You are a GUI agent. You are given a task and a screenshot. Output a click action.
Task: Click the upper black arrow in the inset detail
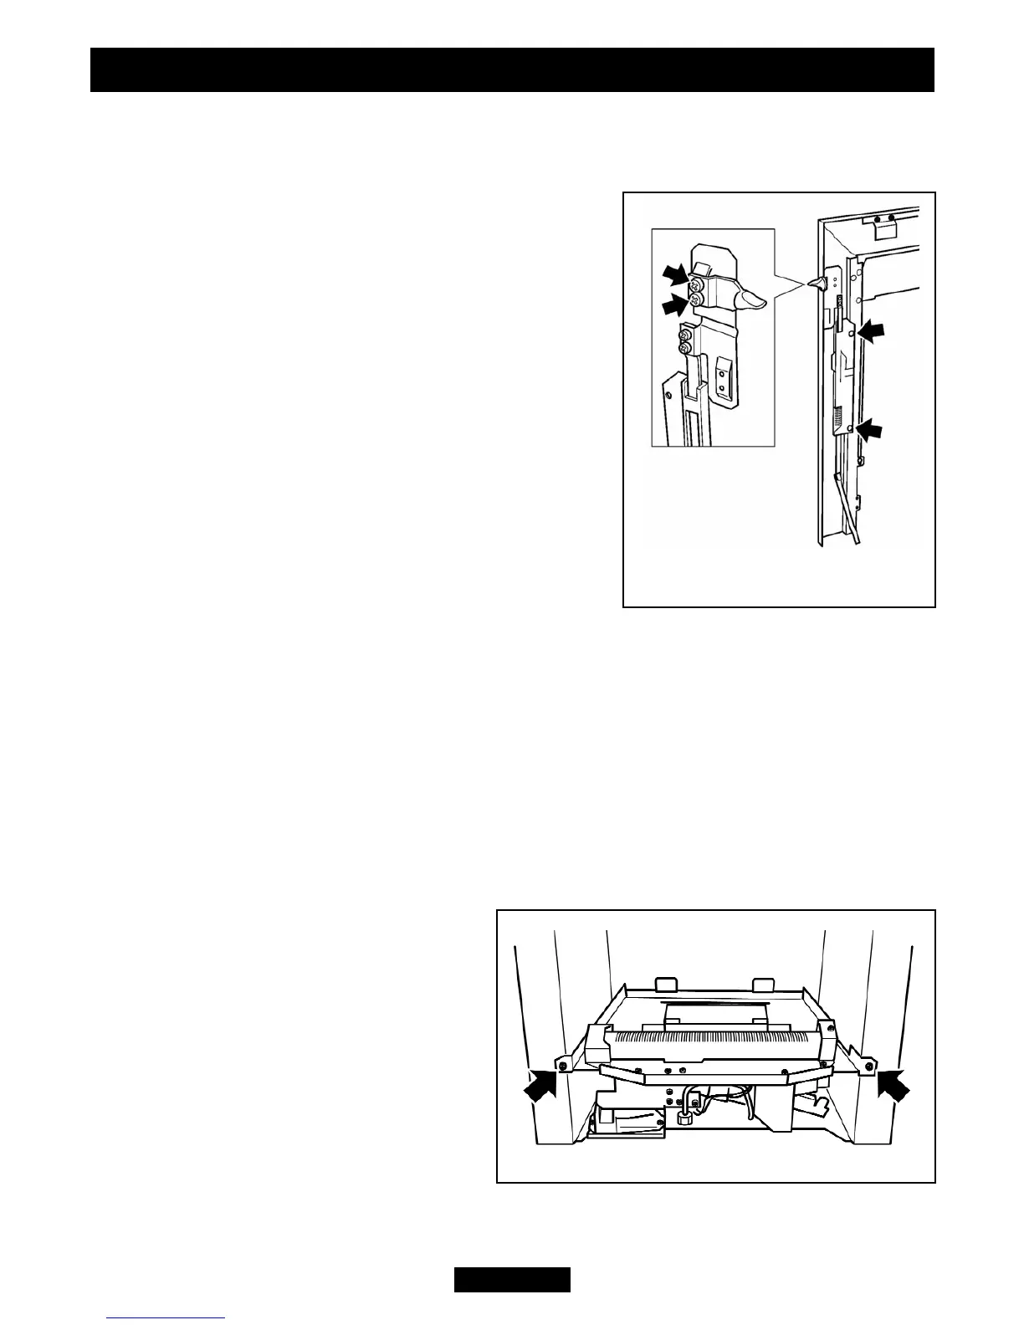tap(675, 274)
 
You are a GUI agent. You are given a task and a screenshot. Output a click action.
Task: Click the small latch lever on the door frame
tap(816, 285)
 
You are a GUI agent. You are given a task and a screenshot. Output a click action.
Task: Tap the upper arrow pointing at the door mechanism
tap(869, 332)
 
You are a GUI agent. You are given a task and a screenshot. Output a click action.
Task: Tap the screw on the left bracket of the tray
tap(564, 1065)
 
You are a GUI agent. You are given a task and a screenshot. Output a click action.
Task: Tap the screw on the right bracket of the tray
tap(870, 1065)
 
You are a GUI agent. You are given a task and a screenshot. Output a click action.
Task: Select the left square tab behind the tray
tap(667, 984)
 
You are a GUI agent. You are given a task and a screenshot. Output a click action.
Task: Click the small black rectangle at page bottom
tap(512, 1280)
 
